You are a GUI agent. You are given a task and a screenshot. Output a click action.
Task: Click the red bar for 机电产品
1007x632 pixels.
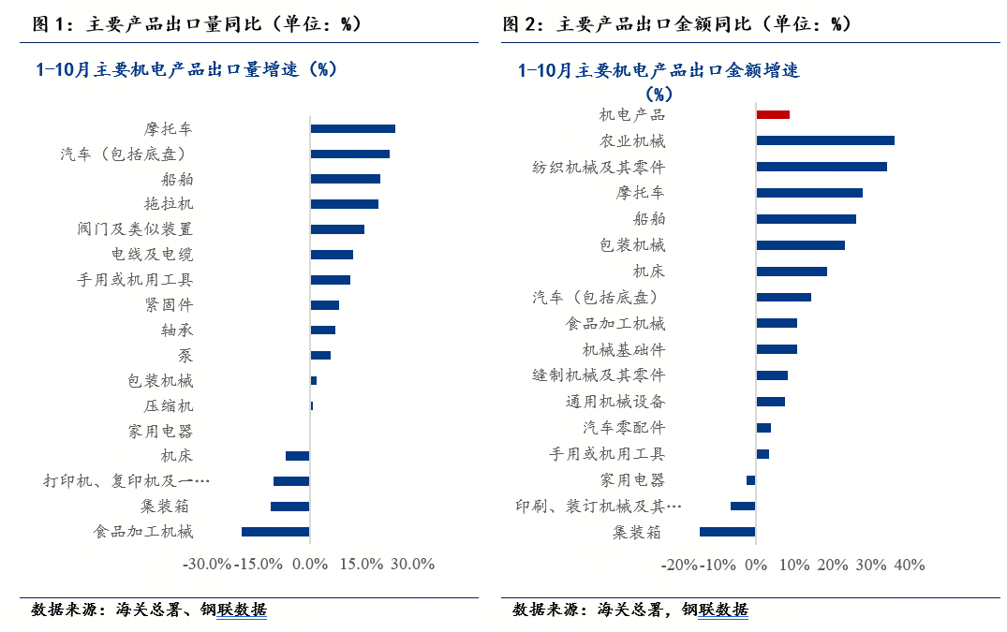pyautogui.click(x=773, y=114)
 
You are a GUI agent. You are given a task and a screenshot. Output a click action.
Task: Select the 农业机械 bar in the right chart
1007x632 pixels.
pyautogui.click(x=825, y=140)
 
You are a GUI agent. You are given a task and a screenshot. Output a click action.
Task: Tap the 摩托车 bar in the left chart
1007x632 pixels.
pyautogui.click(x=352, y=129)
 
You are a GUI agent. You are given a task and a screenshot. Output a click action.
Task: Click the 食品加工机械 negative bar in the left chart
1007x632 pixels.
pyautogui.click(x=275, y=532)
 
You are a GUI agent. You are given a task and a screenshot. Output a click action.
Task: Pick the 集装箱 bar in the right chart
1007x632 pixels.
pyautogui.click(x=727, y=532)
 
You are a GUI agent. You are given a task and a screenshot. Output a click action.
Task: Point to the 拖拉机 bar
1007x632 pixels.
pyautogui.click(x=344, y=204)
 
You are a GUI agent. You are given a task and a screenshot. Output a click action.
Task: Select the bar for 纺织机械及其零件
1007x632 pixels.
pyautogui.click(x=822, y=167)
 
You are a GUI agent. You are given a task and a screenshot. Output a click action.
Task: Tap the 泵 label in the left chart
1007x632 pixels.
pyautogui.click(x=185, y=356)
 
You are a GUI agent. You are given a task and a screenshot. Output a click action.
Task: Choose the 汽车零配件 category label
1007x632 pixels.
pyautogui.click(x=624, y=428)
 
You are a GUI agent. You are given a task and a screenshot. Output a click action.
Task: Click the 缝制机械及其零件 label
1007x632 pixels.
pyautogui.click(x=599, y=375)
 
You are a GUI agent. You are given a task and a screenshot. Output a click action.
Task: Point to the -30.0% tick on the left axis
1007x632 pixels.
pyautogui.click(x=206, y=565)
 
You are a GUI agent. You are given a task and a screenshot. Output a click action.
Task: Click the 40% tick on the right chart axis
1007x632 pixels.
pyautogui.click(x=910, y=566)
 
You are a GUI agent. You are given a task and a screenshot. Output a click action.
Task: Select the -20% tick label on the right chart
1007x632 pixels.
pyautogui.click(x=678, y=566)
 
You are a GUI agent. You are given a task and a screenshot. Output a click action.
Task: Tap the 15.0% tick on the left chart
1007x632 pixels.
pyautogui.click(x=362, y=565)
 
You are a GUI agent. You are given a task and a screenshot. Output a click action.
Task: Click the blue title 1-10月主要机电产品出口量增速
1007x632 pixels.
pyautogui.click(x=185, y=69)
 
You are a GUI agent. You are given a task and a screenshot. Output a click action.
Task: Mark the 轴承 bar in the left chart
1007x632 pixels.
pyautogui.click(x=322, y=330)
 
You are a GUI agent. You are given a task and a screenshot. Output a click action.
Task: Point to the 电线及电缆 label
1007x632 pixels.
pyautogui.click(x=152, y=255)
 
